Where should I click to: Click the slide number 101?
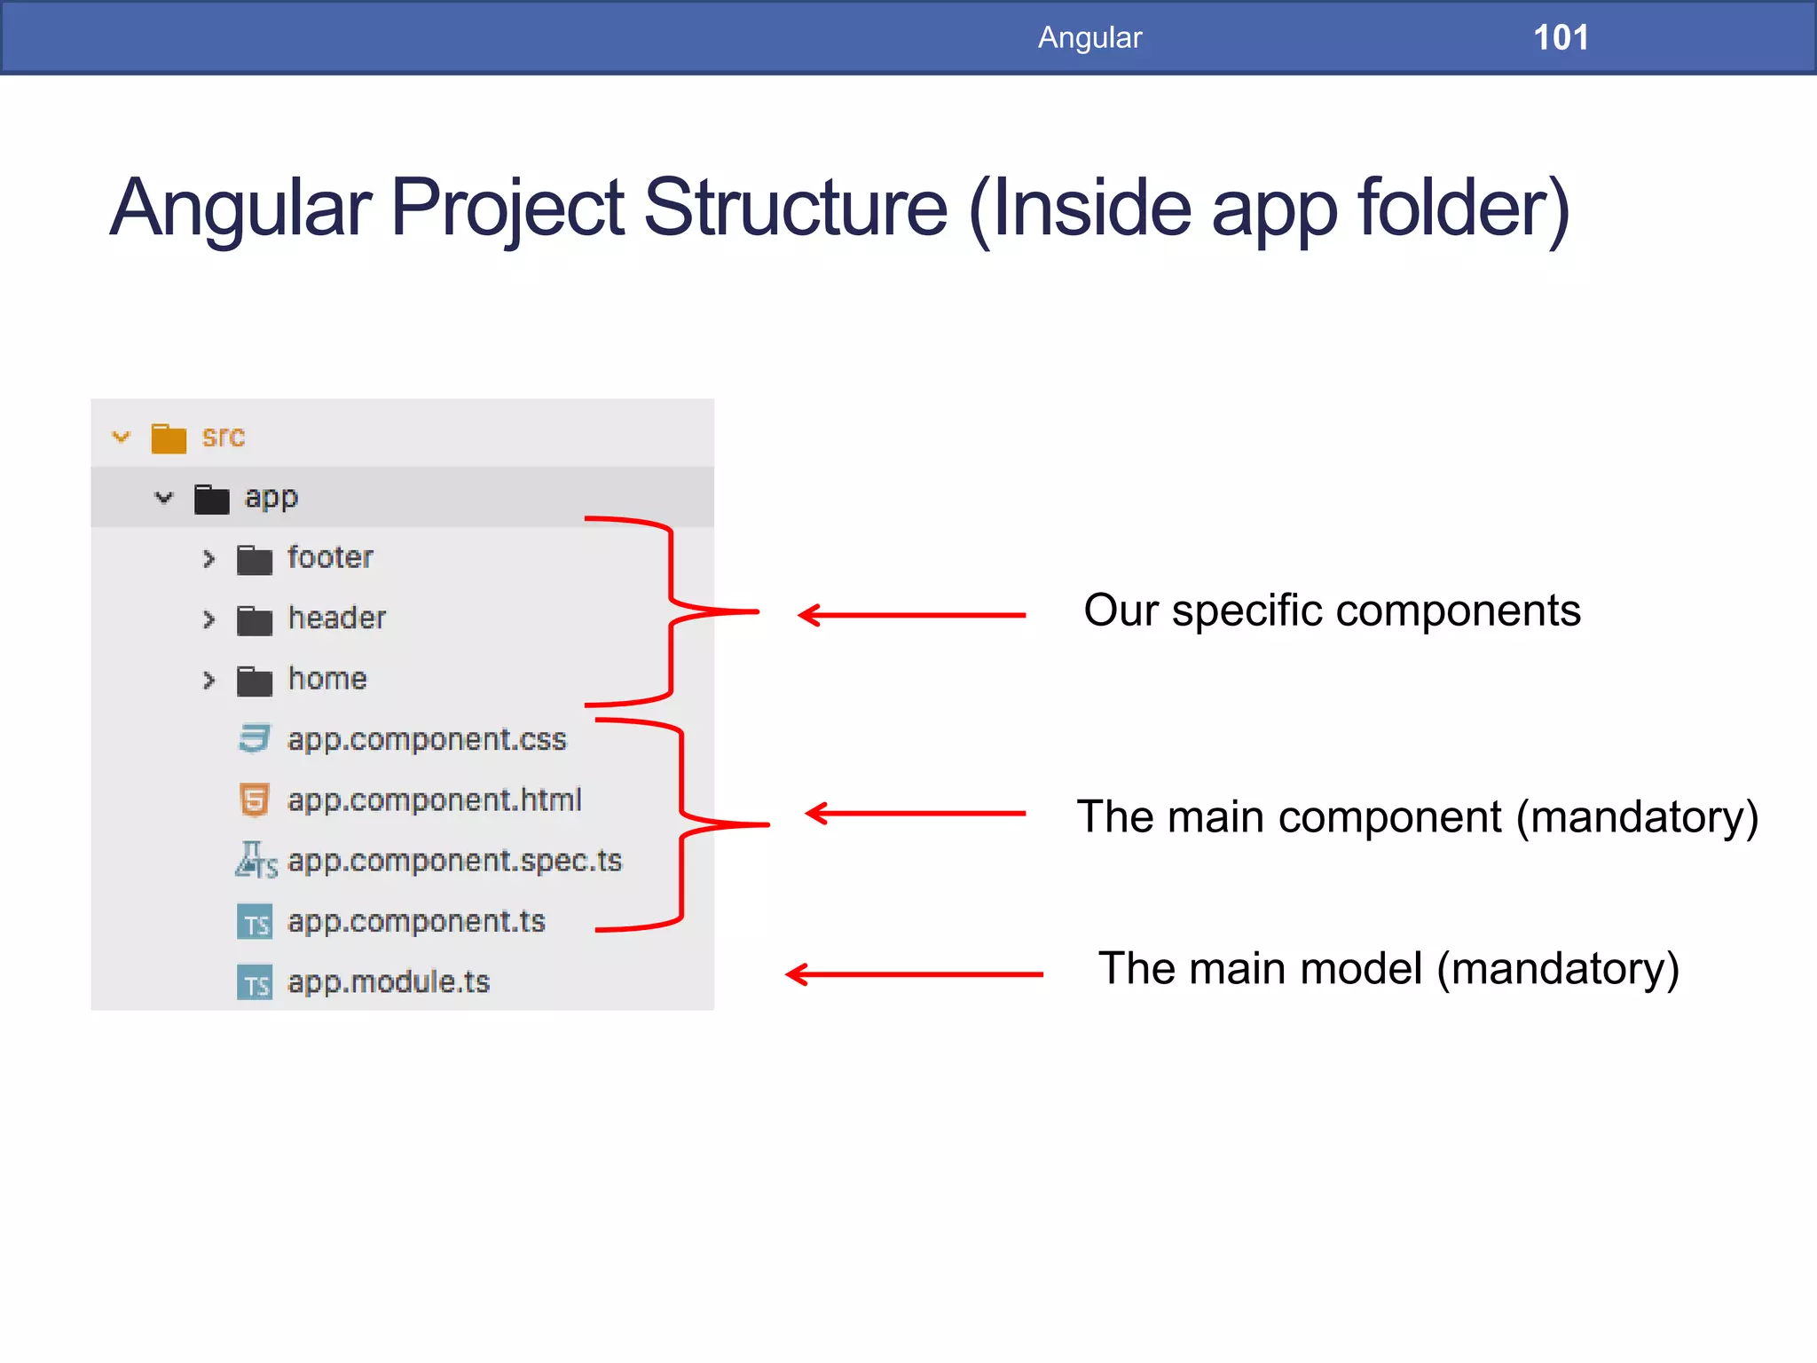click(x=1561, y=37)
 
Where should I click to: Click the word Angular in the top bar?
click(x=1089, y=37)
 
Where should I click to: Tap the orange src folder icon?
click(x=169, y=437)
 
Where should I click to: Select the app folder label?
click(x=271, y=497)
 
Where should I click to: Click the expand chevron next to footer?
click(x=208, y=558)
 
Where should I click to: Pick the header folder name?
click(x=337, y=618)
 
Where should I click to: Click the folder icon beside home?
click(x=255, y=681)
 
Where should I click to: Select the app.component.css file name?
click(x=427, y=739)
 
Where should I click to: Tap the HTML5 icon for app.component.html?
click(x=255, y=800)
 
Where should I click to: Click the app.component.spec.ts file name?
click(x=455, y=861)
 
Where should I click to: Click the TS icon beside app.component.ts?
click(x=255, y=922)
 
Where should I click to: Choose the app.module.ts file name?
click(x=389, y=981)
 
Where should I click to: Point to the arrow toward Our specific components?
click(x=911, y=614)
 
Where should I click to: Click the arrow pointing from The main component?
click(x=915, y=813)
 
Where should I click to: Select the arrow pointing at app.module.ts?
click(x=914, y=974)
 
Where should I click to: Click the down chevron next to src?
click(x=122, y=437)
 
